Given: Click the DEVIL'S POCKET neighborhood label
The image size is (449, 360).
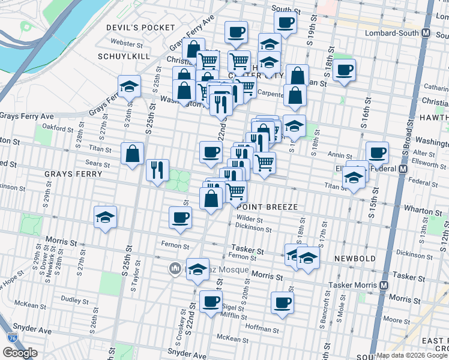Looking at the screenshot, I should [140, 28].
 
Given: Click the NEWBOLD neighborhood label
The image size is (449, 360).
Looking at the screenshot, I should [355, 259].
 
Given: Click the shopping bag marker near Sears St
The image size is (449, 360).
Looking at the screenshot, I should [132, 154].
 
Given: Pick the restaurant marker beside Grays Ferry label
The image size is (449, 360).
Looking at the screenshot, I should [157, 170].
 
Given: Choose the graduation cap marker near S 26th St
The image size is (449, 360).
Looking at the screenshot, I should [129, 86].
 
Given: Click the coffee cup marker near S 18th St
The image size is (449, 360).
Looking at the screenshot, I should [345, 70].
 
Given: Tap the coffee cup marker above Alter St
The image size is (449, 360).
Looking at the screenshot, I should [377, 152].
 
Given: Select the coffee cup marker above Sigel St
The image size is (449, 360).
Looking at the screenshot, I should [210, 302].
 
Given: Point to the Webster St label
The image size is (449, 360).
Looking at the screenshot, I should [126, 43].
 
